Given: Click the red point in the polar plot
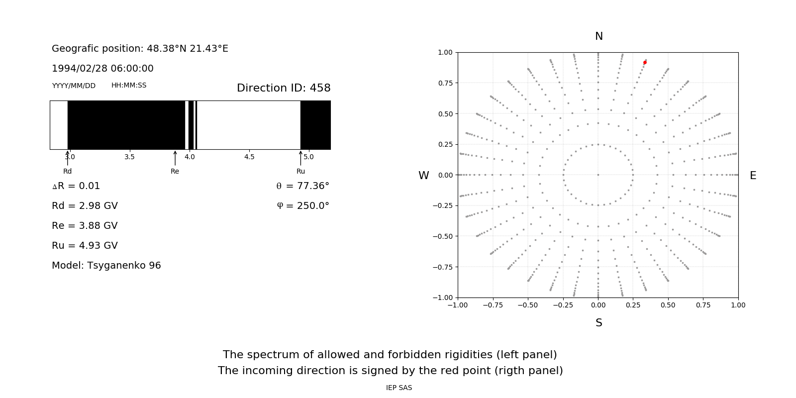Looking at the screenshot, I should pos(645,62).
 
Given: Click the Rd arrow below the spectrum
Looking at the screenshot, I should pos(68,158).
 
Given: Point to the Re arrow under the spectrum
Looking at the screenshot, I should pos(175,158).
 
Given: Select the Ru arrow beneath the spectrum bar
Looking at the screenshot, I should pos(300,158).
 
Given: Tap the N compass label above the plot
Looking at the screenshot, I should pos(598,36).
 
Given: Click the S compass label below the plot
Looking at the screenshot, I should pos(598,323).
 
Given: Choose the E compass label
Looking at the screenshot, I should pos(753,176).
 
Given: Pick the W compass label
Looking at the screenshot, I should pos(423,176).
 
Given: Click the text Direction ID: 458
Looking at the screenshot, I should pos(284,88).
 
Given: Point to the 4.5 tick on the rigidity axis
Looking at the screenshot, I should pos(249,157).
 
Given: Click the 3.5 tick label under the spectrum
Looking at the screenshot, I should pos(129,157).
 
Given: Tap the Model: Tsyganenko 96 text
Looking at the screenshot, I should pos(106,266).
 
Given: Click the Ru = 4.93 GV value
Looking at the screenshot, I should pos(85,246).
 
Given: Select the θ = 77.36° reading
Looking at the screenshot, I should pos(302,186).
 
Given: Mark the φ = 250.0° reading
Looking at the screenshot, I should pos(303,206).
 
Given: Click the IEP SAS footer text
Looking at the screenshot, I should pos(398,388).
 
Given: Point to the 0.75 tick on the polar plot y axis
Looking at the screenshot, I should pos(445,83).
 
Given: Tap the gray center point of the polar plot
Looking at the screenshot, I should pos(598,175).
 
